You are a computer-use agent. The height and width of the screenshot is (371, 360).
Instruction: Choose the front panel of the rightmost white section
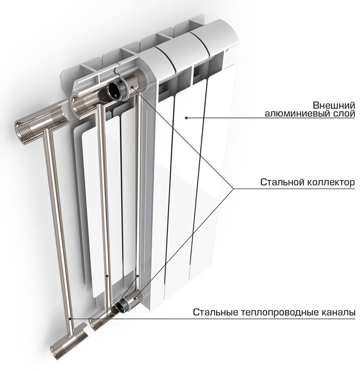211,171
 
